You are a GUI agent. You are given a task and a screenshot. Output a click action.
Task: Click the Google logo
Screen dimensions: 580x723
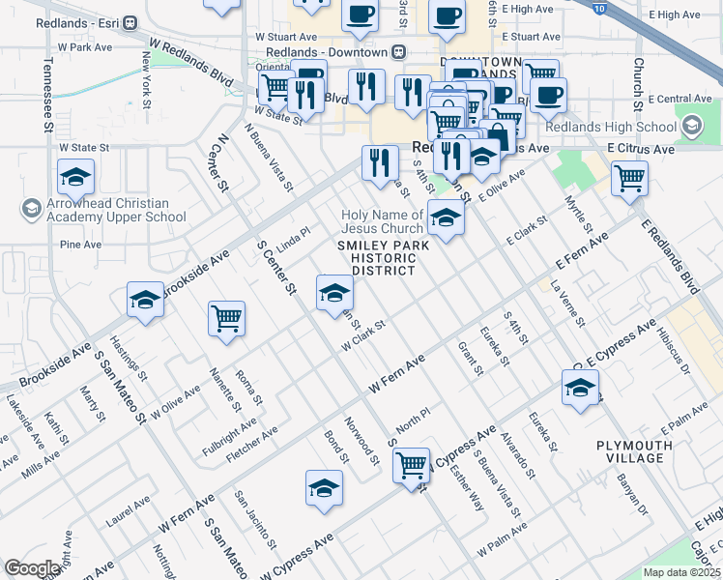(32, 568)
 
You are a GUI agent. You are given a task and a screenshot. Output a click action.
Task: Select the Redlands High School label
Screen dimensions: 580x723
(623, 127)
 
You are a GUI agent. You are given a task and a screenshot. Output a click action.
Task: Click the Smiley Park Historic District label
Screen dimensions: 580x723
(383, 258)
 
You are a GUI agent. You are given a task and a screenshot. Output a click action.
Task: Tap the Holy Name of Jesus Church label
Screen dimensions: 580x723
(383, 221)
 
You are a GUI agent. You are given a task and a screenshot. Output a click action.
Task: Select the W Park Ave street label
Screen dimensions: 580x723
(86, 46)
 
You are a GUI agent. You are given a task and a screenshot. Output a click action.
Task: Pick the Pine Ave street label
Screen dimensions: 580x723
(80, 245)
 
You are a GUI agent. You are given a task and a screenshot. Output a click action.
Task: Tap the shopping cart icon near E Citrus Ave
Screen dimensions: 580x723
(629, 178)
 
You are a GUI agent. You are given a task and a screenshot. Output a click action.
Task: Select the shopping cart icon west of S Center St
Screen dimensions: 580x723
(226, 317)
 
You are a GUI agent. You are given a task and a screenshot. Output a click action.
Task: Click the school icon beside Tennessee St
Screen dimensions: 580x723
(74, 179)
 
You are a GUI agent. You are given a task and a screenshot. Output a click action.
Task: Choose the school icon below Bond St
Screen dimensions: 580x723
(325, 488)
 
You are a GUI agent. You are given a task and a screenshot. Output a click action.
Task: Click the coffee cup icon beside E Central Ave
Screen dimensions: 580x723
(548, 95)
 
